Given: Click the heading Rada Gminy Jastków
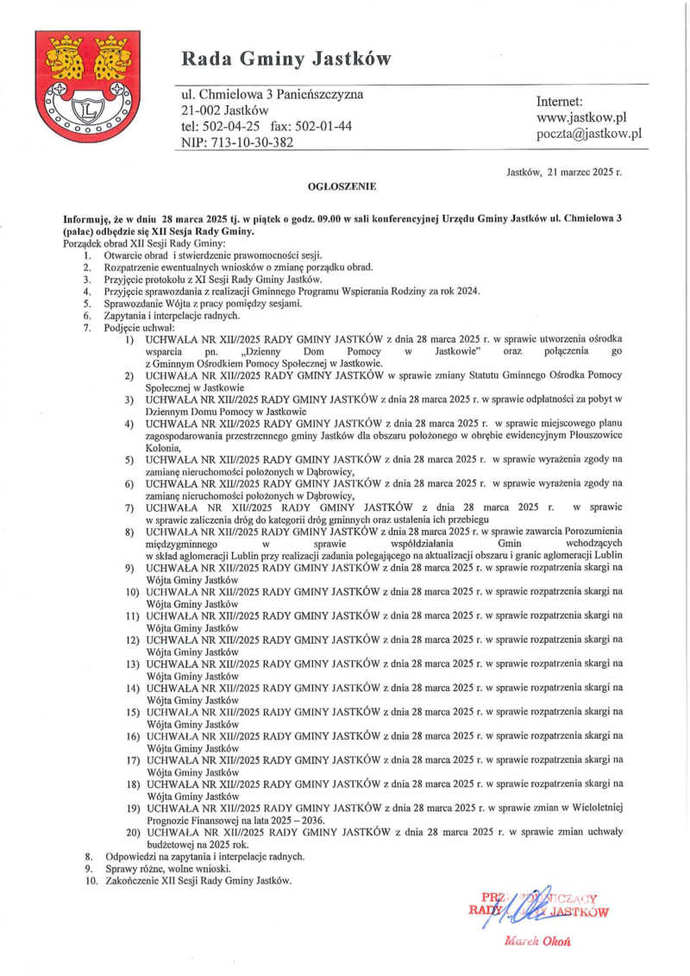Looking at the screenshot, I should click(285, 59).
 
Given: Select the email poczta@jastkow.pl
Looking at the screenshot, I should click(589, 134).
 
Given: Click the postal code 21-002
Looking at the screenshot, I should click(200, 110).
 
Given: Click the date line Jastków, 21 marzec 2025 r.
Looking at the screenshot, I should click(563, 172).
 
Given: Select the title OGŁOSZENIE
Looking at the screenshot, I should click(342, 186).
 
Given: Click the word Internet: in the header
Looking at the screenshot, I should click(560, 101).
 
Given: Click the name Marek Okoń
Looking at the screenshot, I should click(536, 941).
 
